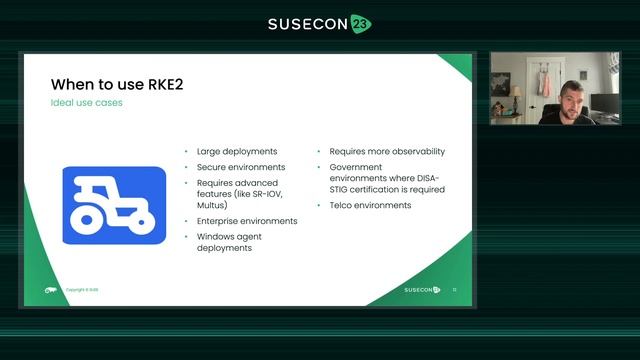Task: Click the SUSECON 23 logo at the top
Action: [319, 24]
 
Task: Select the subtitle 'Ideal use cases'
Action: [87, 103]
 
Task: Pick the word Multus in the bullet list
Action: [211, 205]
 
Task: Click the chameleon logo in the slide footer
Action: [50, 290]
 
